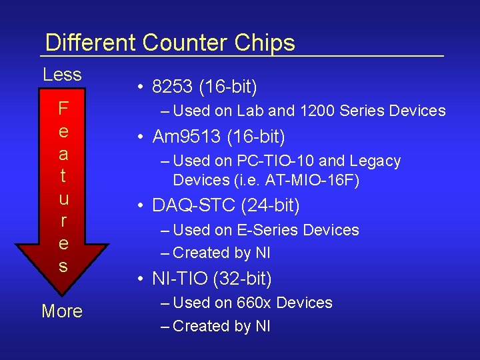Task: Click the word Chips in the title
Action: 265,43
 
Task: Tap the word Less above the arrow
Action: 62,75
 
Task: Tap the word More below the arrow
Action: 62,311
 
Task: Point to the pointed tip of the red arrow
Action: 63,294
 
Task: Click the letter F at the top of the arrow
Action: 63,108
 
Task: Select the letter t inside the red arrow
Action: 63,177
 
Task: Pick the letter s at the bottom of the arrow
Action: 63,267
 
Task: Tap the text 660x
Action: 254,303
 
